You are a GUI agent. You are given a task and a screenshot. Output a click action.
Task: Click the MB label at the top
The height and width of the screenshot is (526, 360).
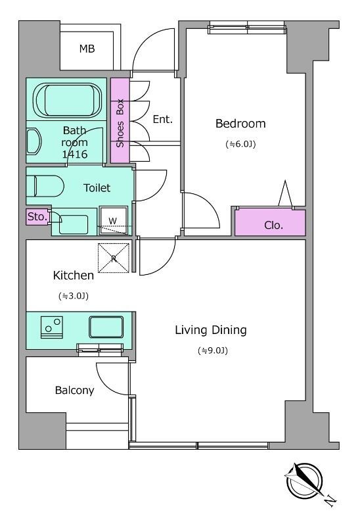click(87, 49)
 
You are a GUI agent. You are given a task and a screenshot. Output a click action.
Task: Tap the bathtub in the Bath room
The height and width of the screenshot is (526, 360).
click(68, 100)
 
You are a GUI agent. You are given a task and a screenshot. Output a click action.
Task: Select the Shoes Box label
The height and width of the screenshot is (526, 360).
click(120, 123)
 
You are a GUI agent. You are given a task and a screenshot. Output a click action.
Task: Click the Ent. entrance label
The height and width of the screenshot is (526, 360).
click(162, 119)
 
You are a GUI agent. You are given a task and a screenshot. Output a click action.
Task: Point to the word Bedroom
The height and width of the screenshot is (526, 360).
click(240, 124)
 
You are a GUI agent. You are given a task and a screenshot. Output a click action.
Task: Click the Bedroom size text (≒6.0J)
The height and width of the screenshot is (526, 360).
click(240, 144)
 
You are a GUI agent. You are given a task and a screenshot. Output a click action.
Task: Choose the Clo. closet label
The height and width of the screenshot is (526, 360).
click(273, 225)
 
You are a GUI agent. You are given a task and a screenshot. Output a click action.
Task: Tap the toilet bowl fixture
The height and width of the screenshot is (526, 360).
click(45, 186)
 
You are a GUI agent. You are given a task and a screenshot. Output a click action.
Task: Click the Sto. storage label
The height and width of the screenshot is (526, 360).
click(37, 217)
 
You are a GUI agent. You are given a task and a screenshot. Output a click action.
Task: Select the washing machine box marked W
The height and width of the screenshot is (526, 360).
click(113, 220)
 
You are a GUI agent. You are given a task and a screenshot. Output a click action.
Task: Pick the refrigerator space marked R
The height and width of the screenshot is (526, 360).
click(113, 258)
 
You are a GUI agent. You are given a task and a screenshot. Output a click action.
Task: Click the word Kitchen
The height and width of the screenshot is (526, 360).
click(74, 275)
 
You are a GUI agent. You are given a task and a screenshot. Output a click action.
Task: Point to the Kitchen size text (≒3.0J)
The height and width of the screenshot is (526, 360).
click(74, 297)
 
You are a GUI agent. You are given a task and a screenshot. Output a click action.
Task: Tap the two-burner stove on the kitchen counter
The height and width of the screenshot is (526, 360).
click(52, 326)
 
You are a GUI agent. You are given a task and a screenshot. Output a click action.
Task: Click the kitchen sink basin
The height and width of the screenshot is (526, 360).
click(106, 327)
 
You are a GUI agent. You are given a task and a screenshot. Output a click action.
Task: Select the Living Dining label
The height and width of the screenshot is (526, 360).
click(211, 331)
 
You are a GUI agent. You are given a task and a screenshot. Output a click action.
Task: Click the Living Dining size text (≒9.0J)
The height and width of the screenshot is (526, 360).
click(212, 351)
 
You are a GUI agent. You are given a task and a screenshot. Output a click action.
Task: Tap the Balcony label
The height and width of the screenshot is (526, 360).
click(74, 391)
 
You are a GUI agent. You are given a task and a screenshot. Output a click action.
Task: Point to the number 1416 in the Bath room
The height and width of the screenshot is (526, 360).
click(74, 155)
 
